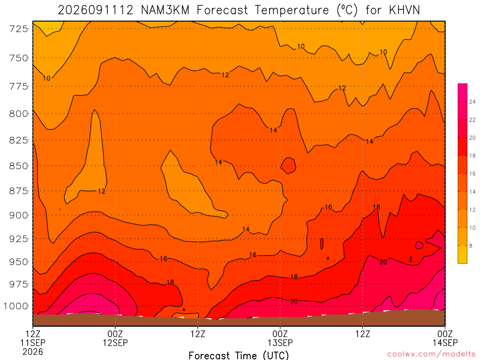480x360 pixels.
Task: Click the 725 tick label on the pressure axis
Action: [x=18, y=29]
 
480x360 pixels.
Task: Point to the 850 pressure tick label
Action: [x=18, y=166]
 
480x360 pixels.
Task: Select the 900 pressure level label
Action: [x=18, y=215]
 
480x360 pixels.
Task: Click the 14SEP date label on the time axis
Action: [x=445, y=343]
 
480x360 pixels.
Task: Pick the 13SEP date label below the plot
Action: [x=280, y=343]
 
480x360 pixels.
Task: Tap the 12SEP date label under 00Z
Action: [x=115, y=343]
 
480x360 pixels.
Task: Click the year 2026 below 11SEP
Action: [x=33, y=352]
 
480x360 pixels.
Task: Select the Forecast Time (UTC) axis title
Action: [x=239, y=355]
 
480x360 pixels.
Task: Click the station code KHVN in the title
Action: [x=405, y=10]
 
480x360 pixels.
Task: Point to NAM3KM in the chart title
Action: [x=165, y=10]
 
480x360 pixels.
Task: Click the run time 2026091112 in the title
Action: [x=96, y=10]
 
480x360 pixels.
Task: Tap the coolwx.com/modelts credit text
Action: [x=431, y=354]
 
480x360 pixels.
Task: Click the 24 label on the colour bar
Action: [x=472, y=102]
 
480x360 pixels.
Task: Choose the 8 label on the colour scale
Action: [x=471, y=246]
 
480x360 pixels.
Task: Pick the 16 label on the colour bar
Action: [x=472, y=174]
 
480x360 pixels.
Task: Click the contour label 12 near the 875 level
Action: [x=102, y=191]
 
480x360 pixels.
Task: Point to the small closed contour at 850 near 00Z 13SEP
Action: [x=288, y=165]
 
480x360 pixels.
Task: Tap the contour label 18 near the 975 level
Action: [x=170, y=282]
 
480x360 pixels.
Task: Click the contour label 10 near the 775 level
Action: [x=46, y=78]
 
